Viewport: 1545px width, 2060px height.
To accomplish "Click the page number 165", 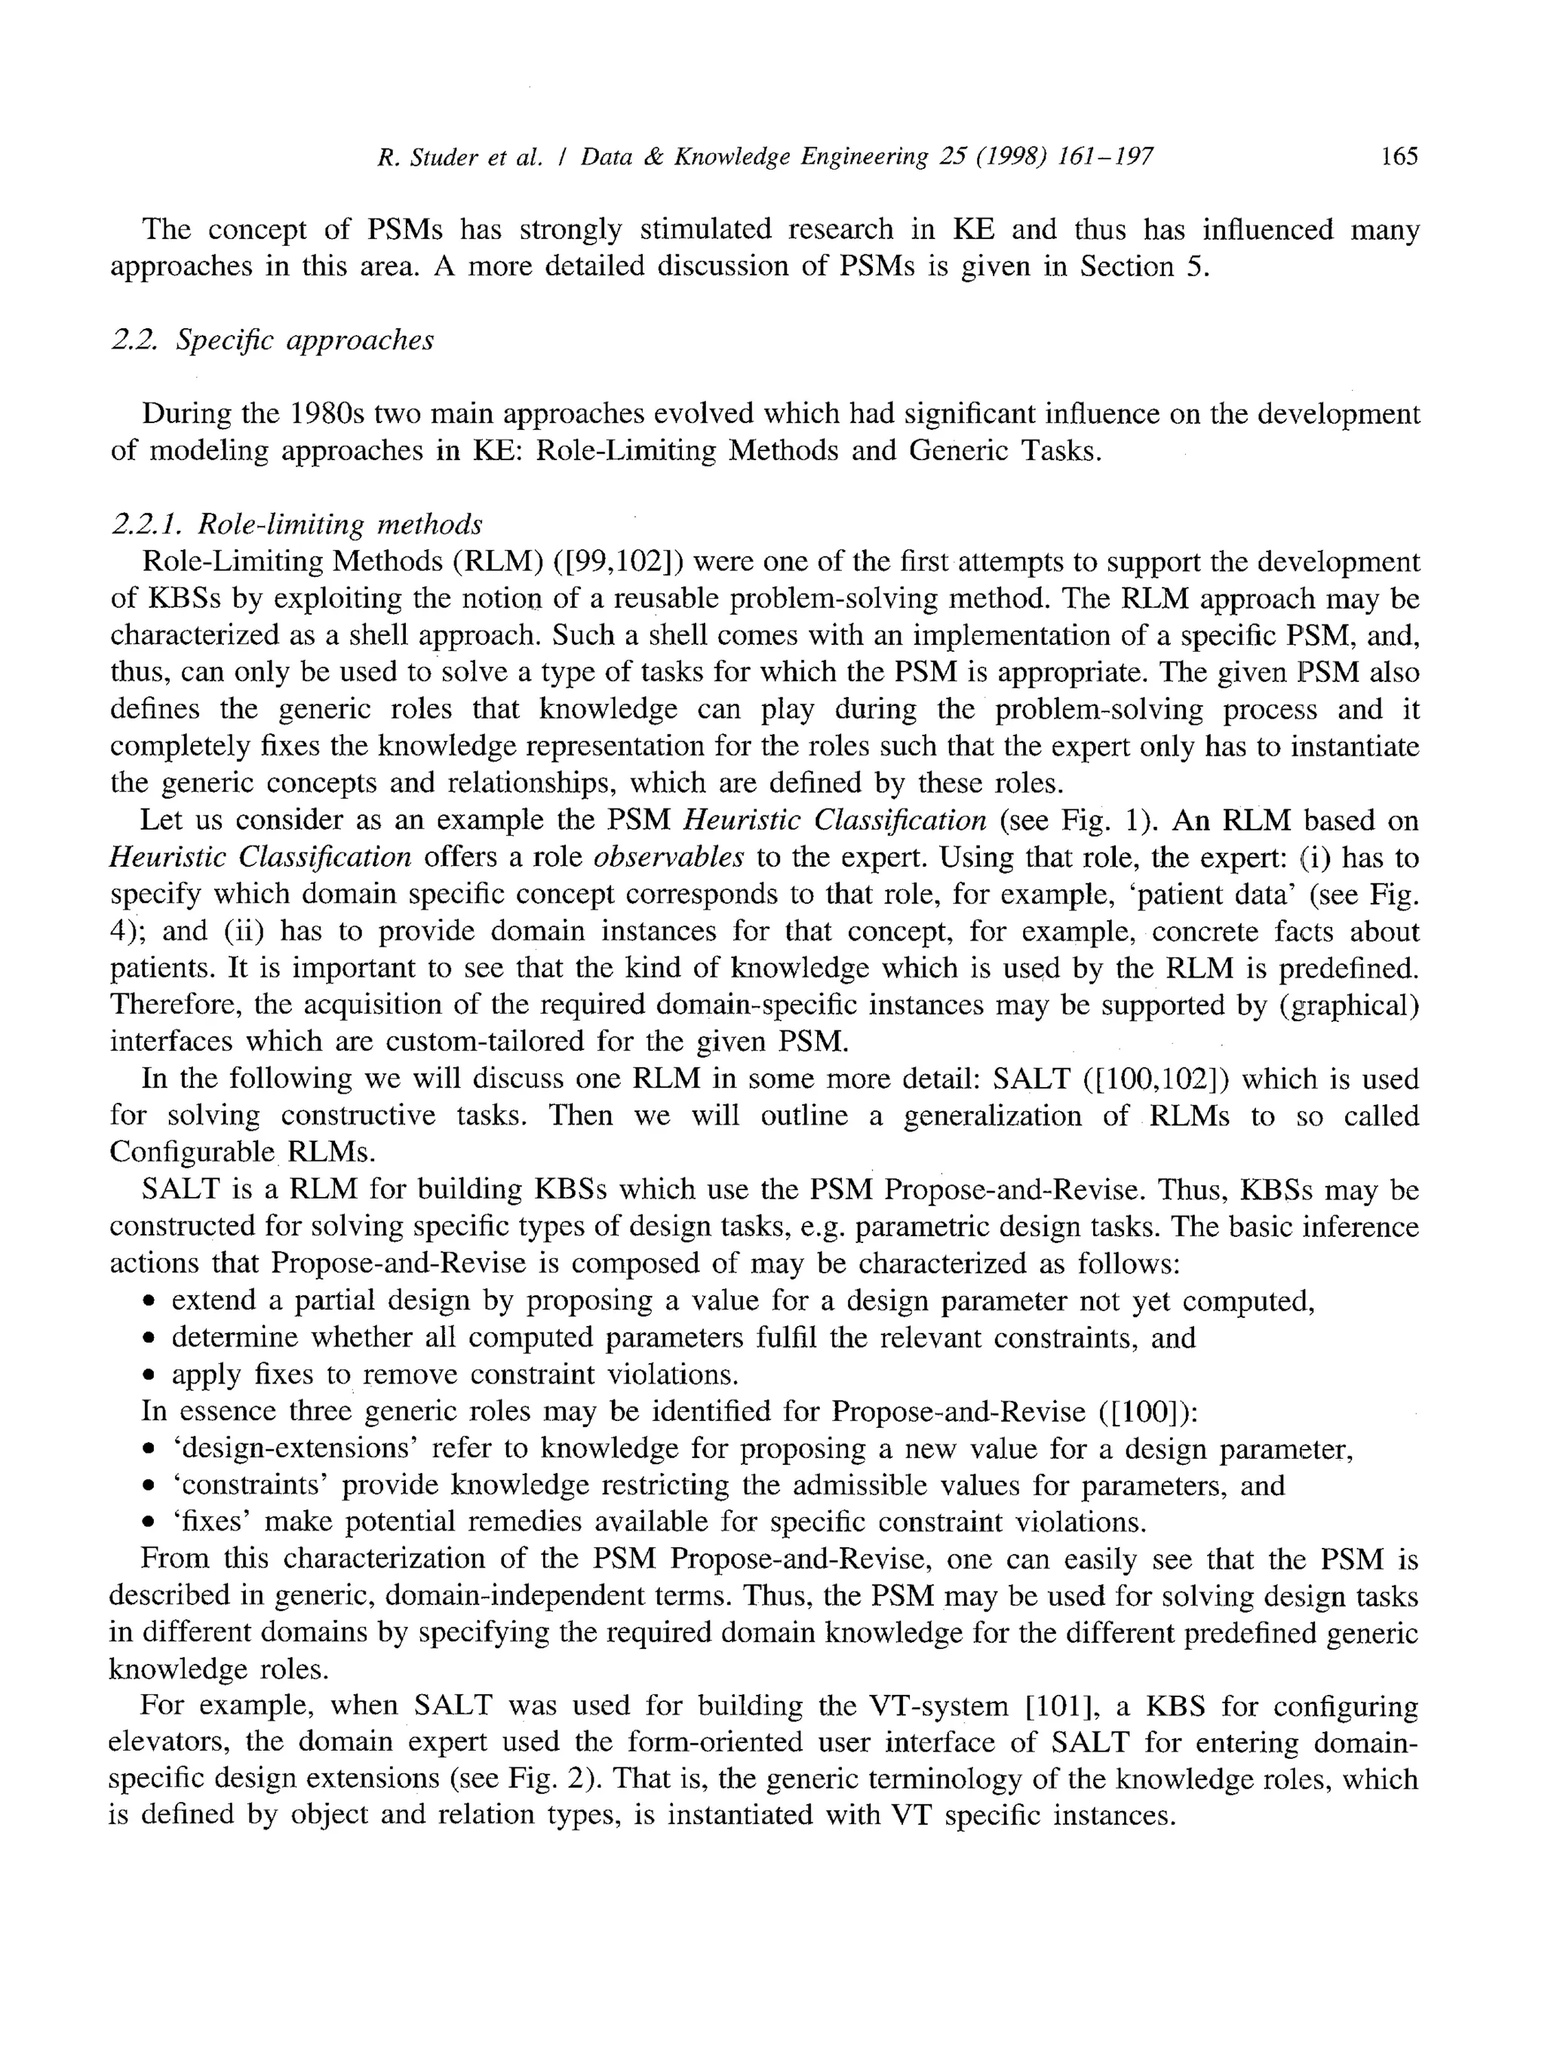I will click(1399, 156).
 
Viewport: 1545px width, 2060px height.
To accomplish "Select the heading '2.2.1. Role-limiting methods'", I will click(296, 525).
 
